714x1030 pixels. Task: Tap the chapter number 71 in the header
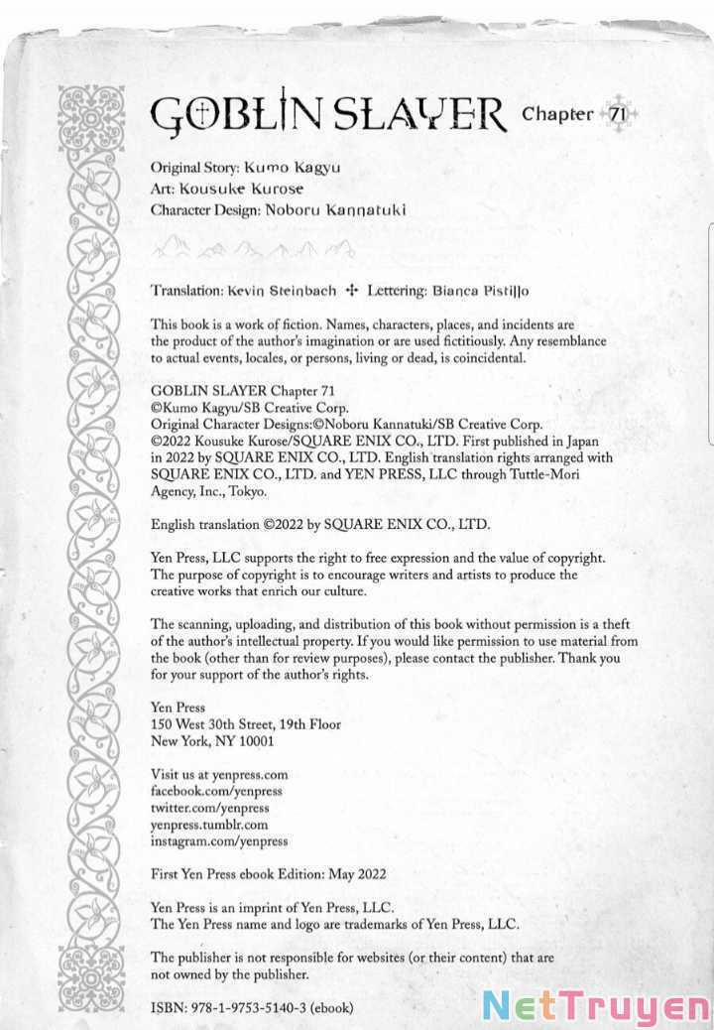616,114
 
